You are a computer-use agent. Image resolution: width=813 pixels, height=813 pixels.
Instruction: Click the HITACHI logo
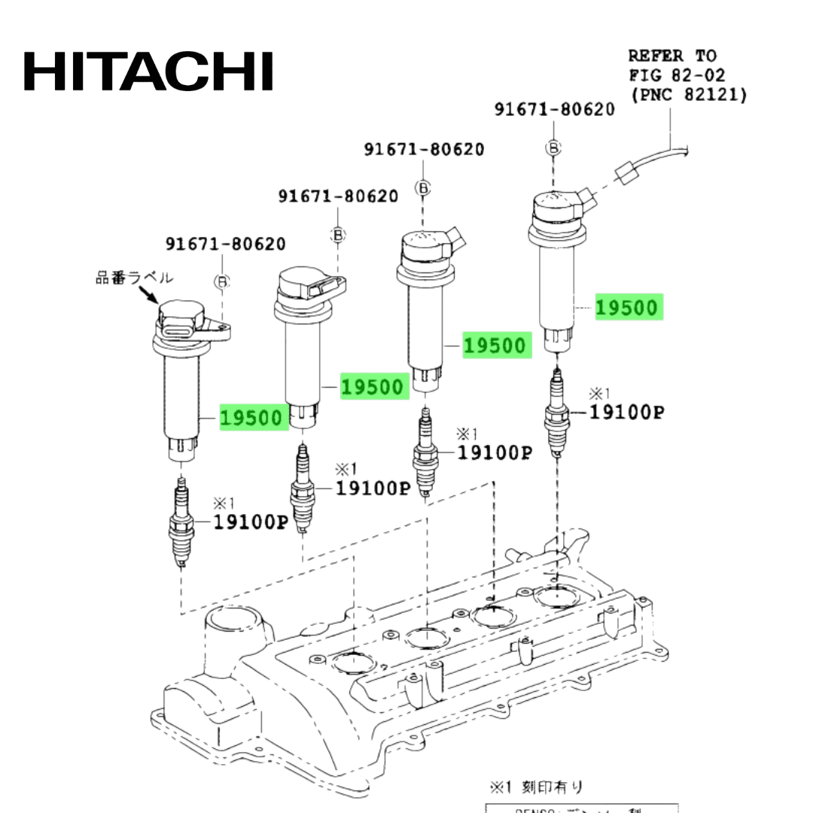148,71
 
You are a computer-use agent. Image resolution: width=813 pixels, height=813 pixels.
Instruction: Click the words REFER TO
672,55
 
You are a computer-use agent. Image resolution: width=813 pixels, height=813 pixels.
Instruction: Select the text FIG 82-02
677,75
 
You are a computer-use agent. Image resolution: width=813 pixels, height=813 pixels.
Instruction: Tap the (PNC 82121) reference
688,95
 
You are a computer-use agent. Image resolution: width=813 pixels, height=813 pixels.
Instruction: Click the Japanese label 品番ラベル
134,278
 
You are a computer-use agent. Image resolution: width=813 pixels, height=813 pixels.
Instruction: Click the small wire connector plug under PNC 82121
626,175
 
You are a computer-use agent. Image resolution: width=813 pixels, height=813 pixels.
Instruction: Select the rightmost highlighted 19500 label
627,307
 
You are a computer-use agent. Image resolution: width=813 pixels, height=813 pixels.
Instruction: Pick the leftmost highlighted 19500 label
254,418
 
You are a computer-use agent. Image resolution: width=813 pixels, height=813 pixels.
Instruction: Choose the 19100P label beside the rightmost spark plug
626,412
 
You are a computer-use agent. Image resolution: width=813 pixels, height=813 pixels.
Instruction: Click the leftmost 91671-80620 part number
226,244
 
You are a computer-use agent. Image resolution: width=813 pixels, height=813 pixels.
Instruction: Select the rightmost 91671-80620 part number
554,109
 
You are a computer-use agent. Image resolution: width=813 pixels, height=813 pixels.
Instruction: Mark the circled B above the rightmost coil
554,148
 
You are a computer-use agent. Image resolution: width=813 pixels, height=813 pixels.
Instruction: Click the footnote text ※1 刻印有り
536,787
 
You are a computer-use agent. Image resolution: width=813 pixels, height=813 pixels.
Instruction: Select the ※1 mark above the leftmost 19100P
224,502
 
